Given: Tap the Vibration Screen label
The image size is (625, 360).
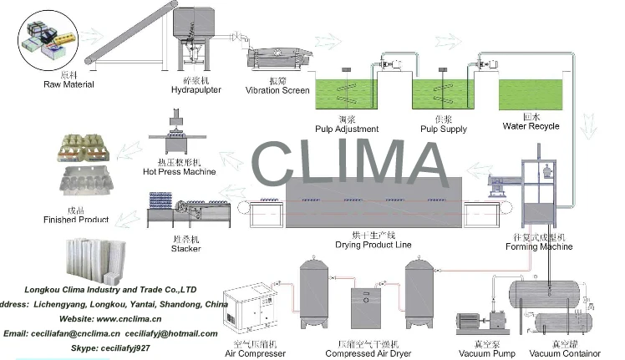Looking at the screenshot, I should point(277,90).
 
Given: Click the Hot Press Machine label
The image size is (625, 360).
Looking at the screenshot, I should point(179,172).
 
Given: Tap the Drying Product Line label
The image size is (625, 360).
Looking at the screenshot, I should point(373,245).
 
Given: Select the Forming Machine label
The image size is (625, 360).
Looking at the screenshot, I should point(545,246).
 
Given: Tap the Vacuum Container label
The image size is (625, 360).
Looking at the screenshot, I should point(564,353).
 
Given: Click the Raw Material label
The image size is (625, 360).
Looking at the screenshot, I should point(69,84).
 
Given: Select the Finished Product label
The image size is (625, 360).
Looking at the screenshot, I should point(76,220).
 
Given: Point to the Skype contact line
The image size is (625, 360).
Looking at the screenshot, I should point(110,347).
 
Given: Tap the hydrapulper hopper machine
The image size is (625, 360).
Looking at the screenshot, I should point(194,33).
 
